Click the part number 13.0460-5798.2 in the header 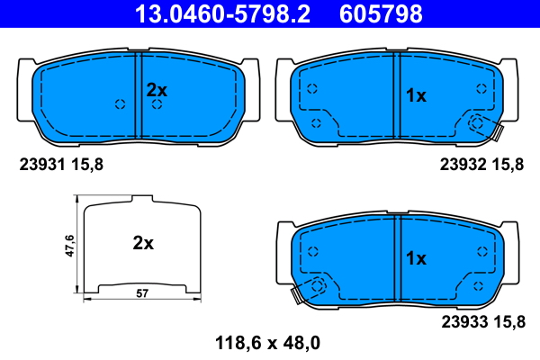222,14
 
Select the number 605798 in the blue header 381,14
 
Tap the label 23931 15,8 61,165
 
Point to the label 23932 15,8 481,165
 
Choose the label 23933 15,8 483,322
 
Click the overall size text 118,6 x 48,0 267,343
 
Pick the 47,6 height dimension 70,246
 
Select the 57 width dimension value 142,293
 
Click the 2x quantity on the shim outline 143,243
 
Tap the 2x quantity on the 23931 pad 157,90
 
